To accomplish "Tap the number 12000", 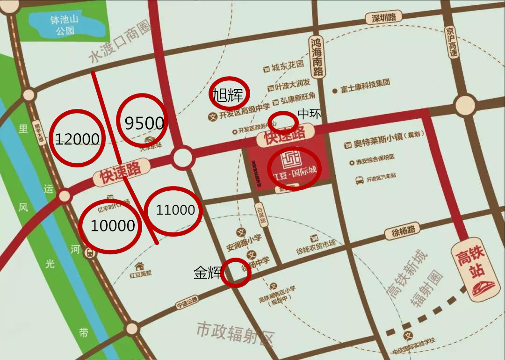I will coord(77,139).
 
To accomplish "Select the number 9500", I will coord(144,123).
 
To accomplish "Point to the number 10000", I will coord(113,226).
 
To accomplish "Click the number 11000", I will coord(175,210).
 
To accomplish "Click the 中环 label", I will coord(310,114).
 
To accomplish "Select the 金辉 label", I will coord(208,273).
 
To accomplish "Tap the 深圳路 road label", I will coord(384,18).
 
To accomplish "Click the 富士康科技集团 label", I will coord(365,87).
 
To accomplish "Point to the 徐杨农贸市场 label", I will coord(316,244).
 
